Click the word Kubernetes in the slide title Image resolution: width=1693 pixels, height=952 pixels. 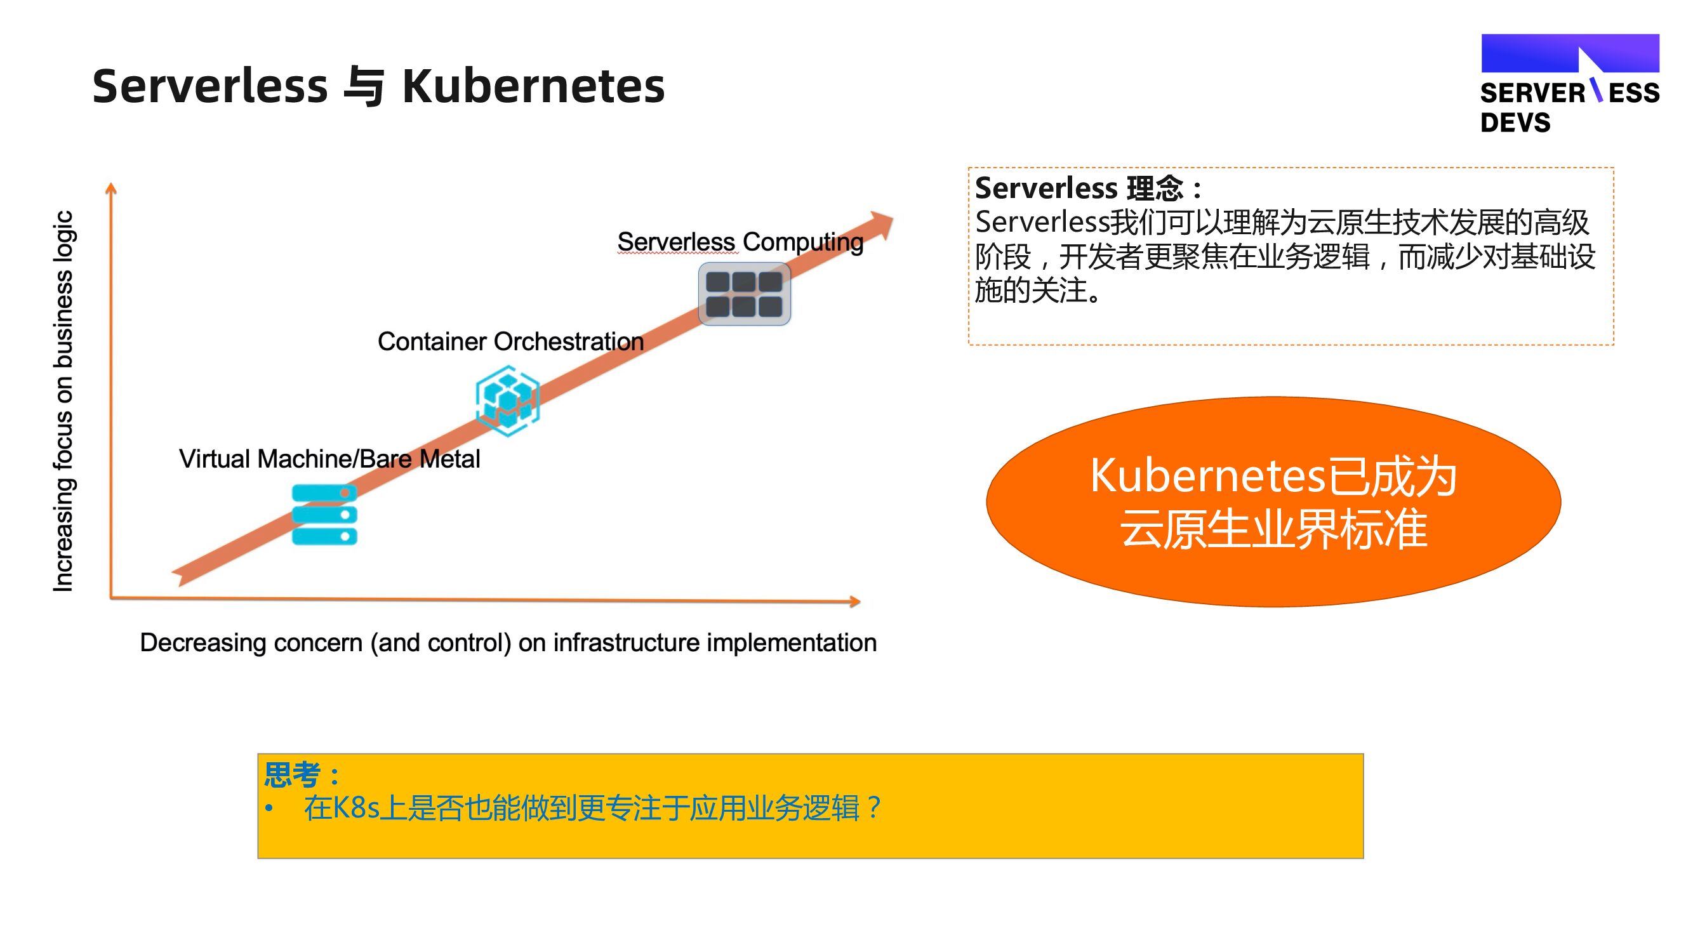coord(533,87)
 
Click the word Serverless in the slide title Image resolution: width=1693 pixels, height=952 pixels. coord(209,87)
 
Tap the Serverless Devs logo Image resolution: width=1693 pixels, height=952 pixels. coord(1569,84)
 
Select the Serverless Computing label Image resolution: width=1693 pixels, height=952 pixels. coord(740,242)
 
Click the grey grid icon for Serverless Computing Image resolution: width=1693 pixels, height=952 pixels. coord(744,294)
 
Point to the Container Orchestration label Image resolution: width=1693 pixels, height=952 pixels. coord(510,341)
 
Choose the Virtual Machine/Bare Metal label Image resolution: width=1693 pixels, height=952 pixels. coord(329,459)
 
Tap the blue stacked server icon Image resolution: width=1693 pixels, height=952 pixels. coord(324,515)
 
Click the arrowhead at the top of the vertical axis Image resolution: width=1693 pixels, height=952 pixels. coord(111,188)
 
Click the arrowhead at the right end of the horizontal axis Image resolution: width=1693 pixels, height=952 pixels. coord(854,601)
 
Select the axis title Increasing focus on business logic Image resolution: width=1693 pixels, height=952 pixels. coord(63,400)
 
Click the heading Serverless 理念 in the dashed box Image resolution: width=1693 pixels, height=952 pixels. coord(1079,188)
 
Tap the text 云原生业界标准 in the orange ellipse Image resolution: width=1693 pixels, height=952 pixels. coord(1273,529)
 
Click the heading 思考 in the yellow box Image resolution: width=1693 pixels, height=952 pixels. coord(293,774)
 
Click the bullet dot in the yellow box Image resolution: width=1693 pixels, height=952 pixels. coord(269,808)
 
